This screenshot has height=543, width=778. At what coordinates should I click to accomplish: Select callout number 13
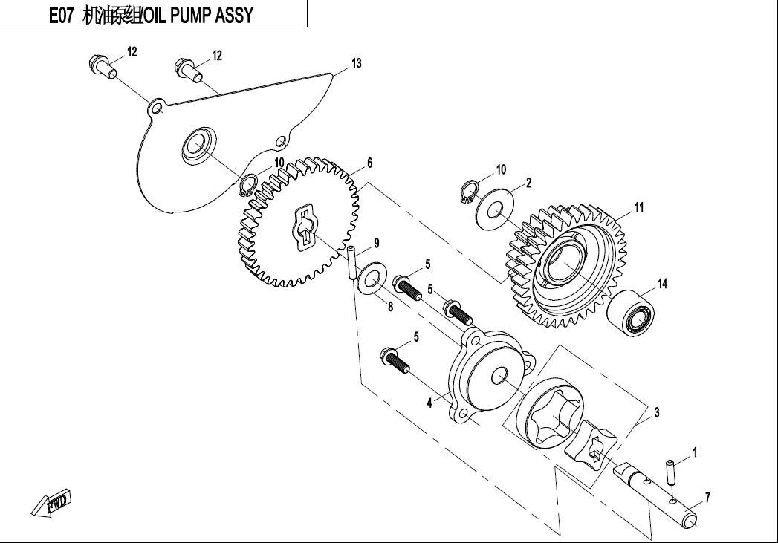pyautogui.click(x=357, y=64)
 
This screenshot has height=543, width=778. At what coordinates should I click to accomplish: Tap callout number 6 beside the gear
pyautogui.click(x=369, y=163)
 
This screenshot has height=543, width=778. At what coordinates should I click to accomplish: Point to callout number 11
pyautogui.click(x=639, y=207)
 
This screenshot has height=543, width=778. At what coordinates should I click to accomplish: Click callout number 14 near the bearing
pyautogui.click(x=663, y=283)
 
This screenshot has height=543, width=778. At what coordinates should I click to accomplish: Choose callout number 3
pyautogui.click(x=656, y=411)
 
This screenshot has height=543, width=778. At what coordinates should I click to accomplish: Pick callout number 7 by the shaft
pyautogui.click(x=708, y=498)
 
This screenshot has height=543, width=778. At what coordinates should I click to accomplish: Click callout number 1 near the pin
pyautogui.click(x=695, y=451)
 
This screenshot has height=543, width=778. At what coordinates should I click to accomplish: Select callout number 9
pyautogui.click(x=377, y=243)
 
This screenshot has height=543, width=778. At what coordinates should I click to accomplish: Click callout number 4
pyautogui.click(x=429, y=403)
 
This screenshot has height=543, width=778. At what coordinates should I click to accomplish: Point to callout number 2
pyautogui.click(x=528, y=183)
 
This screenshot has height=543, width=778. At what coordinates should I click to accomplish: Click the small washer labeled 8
pyautogui.click(x=370, y=280)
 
